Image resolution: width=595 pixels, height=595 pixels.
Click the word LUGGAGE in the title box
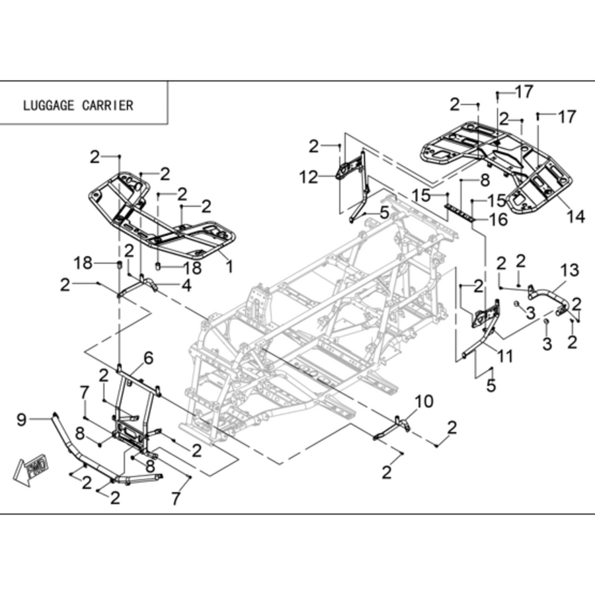pyautogui.click(x=48, y=106)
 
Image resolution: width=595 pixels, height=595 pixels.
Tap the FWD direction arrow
pyautogui.click(x=31, y=469)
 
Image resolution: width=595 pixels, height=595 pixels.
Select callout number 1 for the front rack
pyautogui.click(x=229, y=266)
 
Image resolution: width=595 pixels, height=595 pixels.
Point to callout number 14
pyautogui.click(x=576, y=217)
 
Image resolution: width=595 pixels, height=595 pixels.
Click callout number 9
pyautogui.click(x=22, y=419)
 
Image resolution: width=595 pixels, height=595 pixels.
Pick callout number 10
pyautogui.click(x=424, y=401)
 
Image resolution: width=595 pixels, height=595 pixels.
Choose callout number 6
pyautogui.click(x=148, y=358)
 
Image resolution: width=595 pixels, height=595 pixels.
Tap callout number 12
pyautogui.click(x=309, y=177)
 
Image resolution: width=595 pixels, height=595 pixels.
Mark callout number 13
pyautogui.click(x=570, y=270)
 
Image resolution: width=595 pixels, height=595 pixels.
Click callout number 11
pyautogui.click(x=505, y=356)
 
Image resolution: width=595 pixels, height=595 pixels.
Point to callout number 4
pyautogui.click(x=186, y=286)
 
